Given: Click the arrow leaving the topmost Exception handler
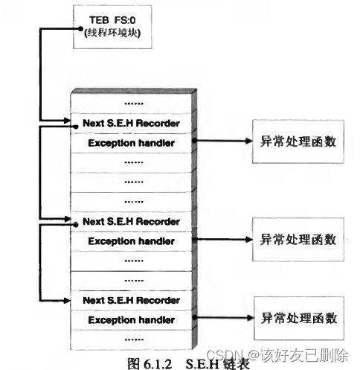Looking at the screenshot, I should [222, 141].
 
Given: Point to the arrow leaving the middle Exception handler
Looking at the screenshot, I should [222, 240].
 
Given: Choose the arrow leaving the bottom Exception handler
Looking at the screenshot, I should [222, 319].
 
